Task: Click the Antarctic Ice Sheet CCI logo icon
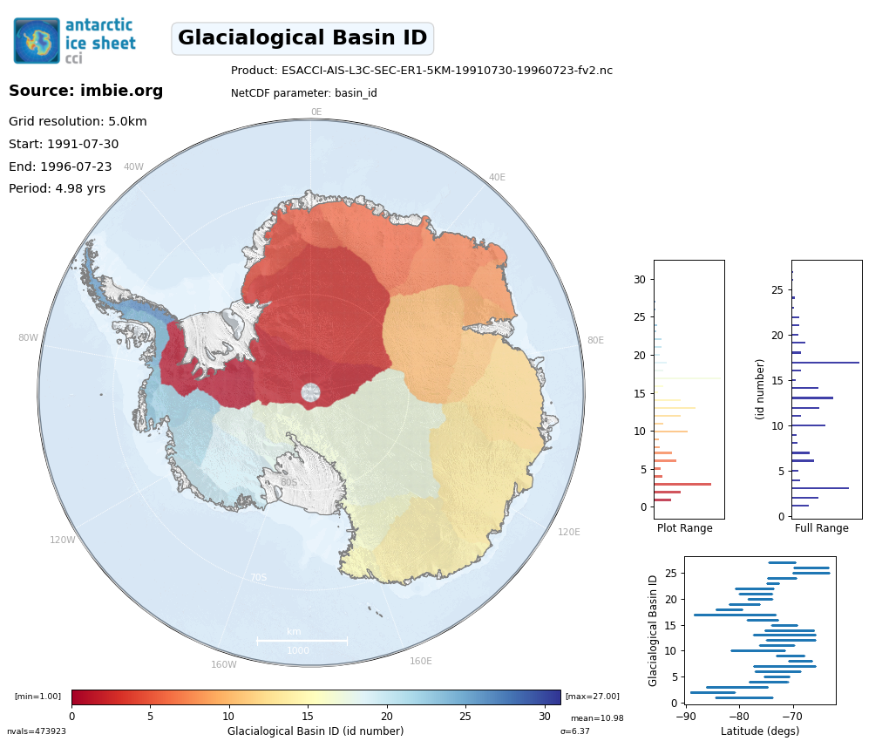(x=37, y=41)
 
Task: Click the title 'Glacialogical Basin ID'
(x=302, y=38)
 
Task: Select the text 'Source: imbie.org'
(x=85, y=91)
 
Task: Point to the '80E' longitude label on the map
(x=595, y=341)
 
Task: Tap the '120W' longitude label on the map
(x=62, y=540)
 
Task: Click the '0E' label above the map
(x=316, y=112)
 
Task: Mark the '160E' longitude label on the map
(x=420, y=661)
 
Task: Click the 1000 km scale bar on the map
(x=302, y=641)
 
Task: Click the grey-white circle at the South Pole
(x=311, y=392)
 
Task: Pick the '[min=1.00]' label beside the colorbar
(x=37, y=697)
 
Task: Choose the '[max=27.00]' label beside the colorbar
(x=592, y=697)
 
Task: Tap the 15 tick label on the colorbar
(x=307, y=717)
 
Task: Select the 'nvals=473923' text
(x=36, y=731)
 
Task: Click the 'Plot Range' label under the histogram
(x=684, y=528)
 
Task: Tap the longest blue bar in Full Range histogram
(x=825, y=362)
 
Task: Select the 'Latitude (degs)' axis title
(x=759, y=731)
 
